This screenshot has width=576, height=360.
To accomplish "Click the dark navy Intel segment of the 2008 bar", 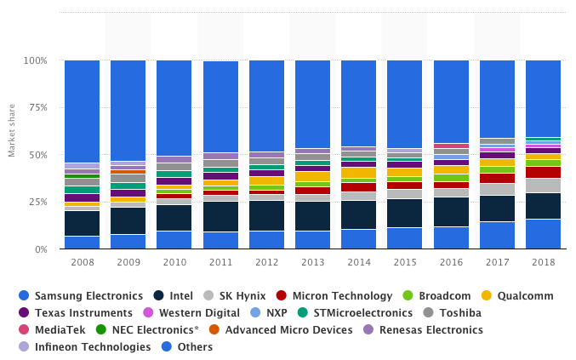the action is tap(83, 223).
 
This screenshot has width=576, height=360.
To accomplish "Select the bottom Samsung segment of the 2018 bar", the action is tap(544, 234).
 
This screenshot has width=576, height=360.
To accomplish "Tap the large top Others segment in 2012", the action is tap(266, 106).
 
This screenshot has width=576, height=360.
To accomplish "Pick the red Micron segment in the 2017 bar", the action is tap(498, 178).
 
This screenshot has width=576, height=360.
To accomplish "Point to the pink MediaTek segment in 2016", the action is tap(452, 146).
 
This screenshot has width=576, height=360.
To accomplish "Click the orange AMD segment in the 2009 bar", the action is tap(128, 172).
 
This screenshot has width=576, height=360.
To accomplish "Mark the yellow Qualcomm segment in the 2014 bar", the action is tap(358, 173).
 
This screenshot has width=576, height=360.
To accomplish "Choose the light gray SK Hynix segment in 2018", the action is tap(544, 186).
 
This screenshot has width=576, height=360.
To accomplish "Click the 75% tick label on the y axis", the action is tap(37, 107).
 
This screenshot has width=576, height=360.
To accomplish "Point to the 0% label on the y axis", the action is tap(41, 249).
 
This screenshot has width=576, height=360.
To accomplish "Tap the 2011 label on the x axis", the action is tap(220, 262).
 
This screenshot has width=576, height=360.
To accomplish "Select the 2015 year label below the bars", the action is tap(405, 262).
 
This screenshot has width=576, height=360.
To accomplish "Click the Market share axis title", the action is tap(12, 130).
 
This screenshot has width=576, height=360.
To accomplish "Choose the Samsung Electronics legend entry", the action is tap(81, 295).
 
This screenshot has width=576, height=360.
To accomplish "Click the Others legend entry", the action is tap(187, 346).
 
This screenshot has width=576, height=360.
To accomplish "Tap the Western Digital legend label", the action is tap(199, 313).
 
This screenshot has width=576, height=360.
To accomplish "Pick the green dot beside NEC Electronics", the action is tap(100, 329).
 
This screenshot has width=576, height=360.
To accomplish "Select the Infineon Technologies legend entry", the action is tap(85, 346).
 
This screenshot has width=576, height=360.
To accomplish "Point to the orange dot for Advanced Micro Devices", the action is tap(214, 329).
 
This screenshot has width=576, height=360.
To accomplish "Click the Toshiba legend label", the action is tap(460, 313).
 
